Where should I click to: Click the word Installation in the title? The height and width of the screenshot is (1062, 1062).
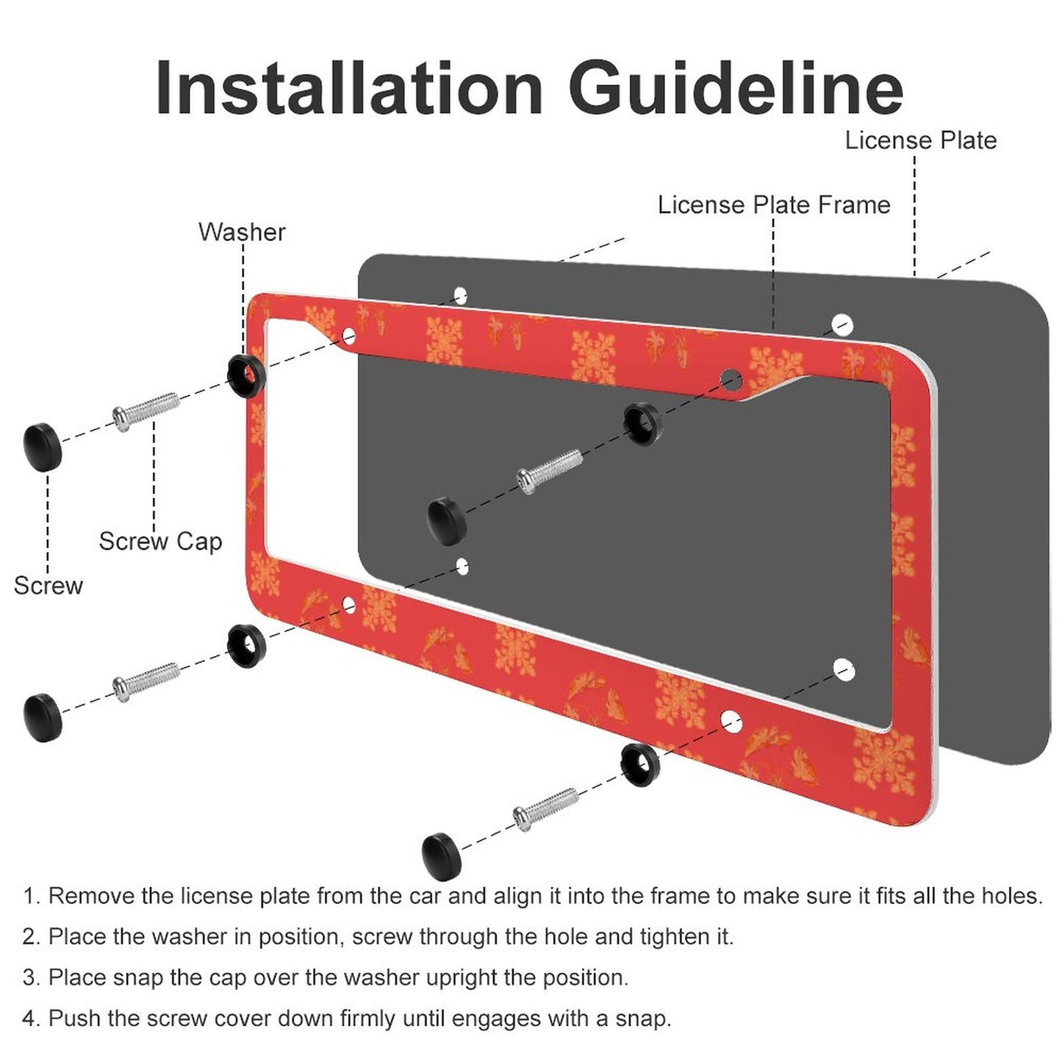[349, 88]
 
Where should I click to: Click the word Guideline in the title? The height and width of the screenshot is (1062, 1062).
[736, 88]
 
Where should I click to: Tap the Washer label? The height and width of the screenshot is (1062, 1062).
[242, 232]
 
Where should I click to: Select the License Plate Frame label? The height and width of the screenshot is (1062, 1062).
[774, 205]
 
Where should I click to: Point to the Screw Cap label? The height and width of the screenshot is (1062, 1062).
[160, 541]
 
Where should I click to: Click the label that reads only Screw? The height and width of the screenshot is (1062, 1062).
[49, 585]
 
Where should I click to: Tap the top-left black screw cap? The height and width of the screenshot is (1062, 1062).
[43, 446]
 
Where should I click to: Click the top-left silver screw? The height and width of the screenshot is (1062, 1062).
[146, 411]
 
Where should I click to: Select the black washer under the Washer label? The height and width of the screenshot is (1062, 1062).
[247, 376]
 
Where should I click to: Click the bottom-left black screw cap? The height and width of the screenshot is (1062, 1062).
[43, 717]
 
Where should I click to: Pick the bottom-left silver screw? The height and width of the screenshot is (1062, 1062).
[146, 682]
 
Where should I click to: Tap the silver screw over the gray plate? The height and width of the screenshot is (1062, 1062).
[550, 472]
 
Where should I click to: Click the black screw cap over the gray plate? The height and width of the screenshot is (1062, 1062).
[447, 521]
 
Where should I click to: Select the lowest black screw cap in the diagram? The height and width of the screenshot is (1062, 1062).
[442, 857]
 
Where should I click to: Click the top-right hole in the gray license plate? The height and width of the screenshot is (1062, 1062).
[842, 325]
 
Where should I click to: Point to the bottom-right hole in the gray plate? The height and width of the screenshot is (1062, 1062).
[844, 670]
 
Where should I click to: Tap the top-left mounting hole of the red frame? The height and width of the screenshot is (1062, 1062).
[349, 335]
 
